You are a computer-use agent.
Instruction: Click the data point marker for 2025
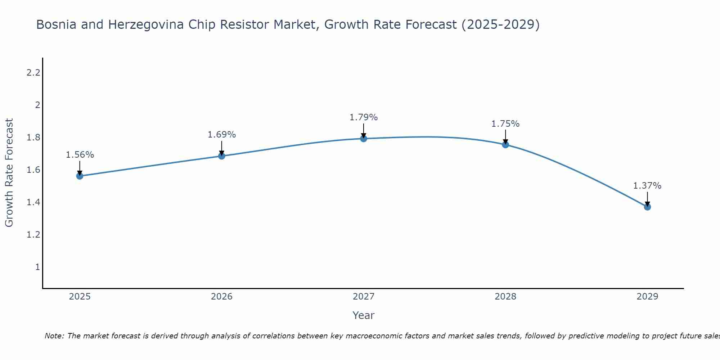[x=80, y=176]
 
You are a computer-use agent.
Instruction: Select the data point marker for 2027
[x=364, y=139]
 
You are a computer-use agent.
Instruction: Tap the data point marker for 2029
[x=647, y=207]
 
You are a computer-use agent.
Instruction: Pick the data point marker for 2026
[x=222, y=156]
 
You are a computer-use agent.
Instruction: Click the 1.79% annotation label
[x=364, y=117]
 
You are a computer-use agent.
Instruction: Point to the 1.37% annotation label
[x=647, y=186]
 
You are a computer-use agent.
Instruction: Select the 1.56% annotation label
[x=80, y=155]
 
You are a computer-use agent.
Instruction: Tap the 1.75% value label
[x=505, y=124]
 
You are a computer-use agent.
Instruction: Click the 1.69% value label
[x=222, y=135]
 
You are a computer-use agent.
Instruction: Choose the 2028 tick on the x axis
[x=505, y=297]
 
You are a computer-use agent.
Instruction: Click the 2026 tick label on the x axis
[x=222, y=297]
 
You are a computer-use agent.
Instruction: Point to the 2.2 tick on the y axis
[x=33, y=73]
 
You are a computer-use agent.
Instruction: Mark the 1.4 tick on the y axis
[x=33, y=202]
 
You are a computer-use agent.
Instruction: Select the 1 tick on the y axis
[x=37, y=267]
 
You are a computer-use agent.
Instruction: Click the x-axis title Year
[x=364, y=315]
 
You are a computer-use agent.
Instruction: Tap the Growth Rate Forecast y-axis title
[x=9, y=173]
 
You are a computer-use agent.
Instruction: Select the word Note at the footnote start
[x=54, y=336]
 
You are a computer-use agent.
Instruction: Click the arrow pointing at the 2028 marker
[x=505, y=137]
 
